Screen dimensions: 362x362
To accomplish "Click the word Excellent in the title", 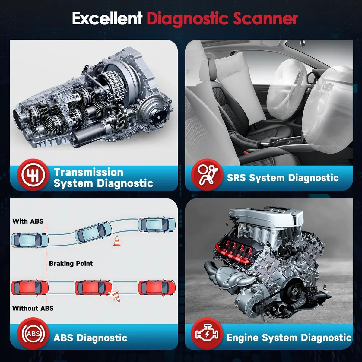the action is click(107, 18).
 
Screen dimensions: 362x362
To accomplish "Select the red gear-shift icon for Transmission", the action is click(33, 175).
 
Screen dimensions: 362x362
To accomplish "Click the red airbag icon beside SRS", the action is click(207, 175).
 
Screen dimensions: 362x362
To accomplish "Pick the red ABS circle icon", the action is click(33, 333).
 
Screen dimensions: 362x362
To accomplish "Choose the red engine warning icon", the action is click(207, 333).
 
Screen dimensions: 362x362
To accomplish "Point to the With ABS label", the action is click(28, 221).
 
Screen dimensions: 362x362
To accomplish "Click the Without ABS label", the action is click(33, 308).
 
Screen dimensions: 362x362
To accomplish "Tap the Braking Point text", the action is click(71, 264).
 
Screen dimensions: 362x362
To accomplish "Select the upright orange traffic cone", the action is click(117, 241).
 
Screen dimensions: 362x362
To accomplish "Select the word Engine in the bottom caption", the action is click(243, 338).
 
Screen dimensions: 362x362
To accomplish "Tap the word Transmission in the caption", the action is click(88, 172).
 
